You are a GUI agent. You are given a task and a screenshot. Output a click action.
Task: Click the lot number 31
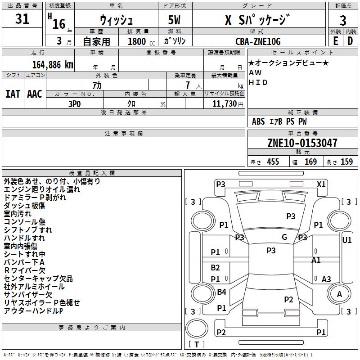coord(22,19)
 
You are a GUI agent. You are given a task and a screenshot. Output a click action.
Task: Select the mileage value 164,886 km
coord(53,65)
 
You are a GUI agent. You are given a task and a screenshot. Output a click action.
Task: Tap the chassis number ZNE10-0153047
coord(302,143)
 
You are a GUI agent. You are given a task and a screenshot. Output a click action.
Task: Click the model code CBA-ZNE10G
coord(258,41)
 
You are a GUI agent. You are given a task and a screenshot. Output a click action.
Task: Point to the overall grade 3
coord(343,21)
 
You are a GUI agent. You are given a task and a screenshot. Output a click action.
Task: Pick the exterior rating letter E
coord(336,41)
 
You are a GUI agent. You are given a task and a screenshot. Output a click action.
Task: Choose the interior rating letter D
coord(350,41)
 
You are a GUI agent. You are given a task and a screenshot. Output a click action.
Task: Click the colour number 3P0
coord(75,104)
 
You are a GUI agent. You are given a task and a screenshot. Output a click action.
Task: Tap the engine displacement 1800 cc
coord(141,41)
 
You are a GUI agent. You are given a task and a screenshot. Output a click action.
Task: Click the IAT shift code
coord(13,94)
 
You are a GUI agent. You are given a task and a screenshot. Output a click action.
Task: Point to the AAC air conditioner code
coord(35,94)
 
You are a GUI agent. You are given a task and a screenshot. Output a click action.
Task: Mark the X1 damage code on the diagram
coord(321,184)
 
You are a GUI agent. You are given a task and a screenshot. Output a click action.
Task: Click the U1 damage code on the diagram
coord(346,240)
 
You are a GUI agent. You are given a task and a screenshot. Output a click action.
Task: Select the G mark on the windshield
coord(284,237)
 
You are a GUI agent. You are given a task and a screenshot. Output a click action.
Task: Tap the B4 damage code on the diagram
coord(221,292)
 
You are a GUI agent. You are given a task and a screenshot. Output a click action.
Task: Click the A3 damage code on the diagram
coord(326,279)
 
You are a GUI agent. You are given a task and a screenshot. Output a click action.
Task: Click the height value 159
coord(346,162)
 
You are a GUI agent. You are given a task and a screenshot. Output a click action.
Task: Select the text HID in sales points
coord(258,82)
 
